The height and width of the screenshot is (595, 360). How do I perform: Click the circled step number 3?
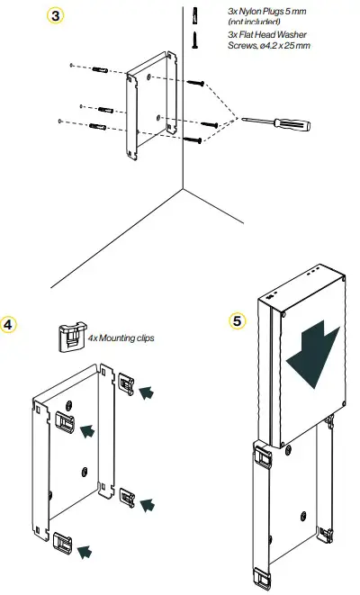click(x=57, y=18)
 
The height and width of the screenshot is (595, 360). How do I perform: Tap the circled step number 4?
click(x=10, y=323)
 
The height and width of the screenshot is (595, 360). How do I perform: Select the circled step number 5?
click(x=237, y=319)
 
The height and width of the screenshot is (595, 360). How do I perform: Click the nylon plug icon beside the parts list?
click(x=194, y=14)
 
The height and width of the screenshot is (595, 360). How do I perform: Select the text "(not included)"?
click(x=255, y=22)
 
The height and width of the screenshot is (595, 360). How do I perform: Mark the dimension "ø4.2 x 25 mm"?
click(x=281, y=45)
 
